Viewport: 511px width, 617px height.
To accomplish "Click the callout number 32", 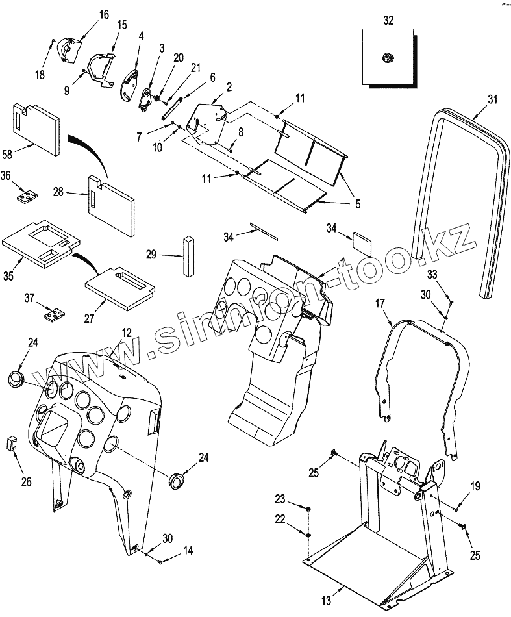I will tap(388, 21).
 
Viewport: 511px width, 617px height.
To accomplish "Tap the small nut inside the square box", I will tap(386, 58).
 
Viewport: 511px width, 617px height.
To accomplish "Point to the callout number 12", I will tap(126, 332).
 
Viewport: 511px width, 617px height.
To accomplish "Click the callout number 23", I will tap(280, 499).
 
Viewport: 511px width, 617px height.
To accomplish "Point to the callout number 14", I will tap(187, 550).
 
